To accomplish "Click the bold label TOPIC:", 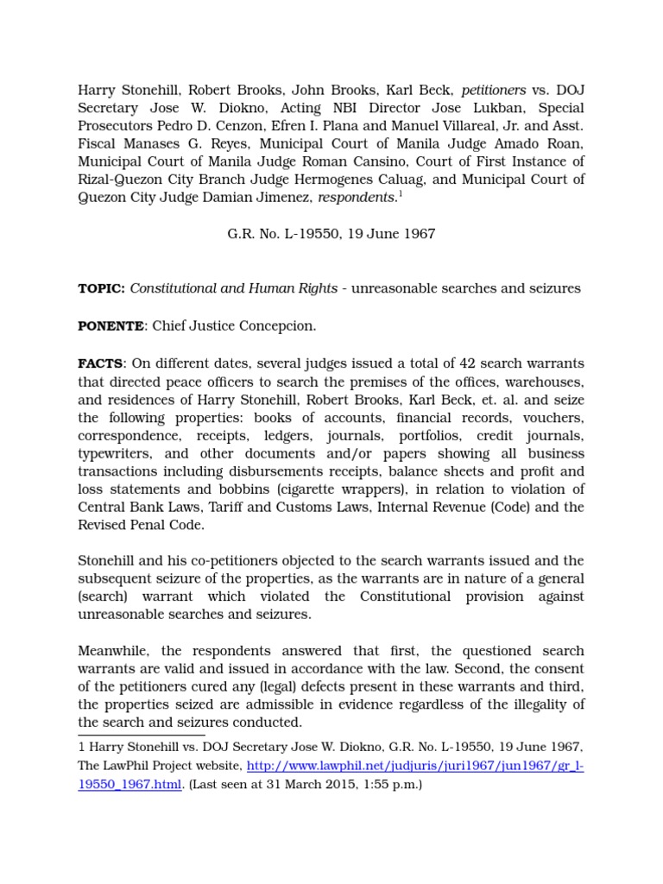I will click(x=102, y=288).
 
